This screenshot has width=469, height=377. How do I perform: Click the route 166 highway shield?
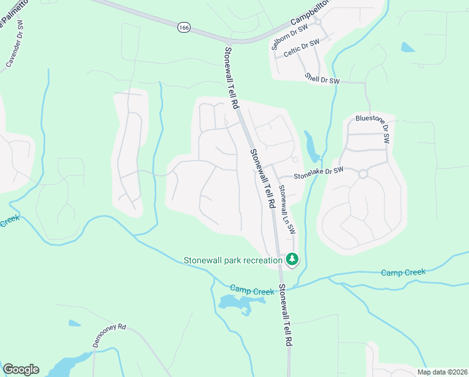point(184,28)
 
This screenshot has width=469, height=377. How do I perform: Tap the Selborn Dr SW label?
point(290,37)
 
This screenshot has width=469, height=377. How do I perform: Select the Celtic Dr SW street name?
point(302,50)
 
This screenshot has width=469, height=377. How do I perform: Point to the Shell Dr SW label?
point(322,79)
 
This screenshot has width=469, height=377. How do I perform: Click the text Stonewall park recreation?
point(233,260)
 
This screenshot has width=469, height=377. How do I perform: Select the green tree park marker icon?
point(292,259)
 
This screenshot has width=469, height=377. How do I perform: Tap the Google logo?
point(20,369)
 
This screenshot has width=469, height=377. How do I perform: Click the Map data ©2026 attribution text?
point(442,372)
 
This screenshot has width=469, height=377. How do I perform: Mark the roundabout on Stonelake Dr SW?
point(362,174)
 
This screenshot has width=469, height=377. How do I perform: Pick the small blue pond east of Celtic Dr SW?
point(408,47)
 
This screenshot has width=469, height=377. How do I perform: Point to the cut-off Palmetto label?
point(13,18)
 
